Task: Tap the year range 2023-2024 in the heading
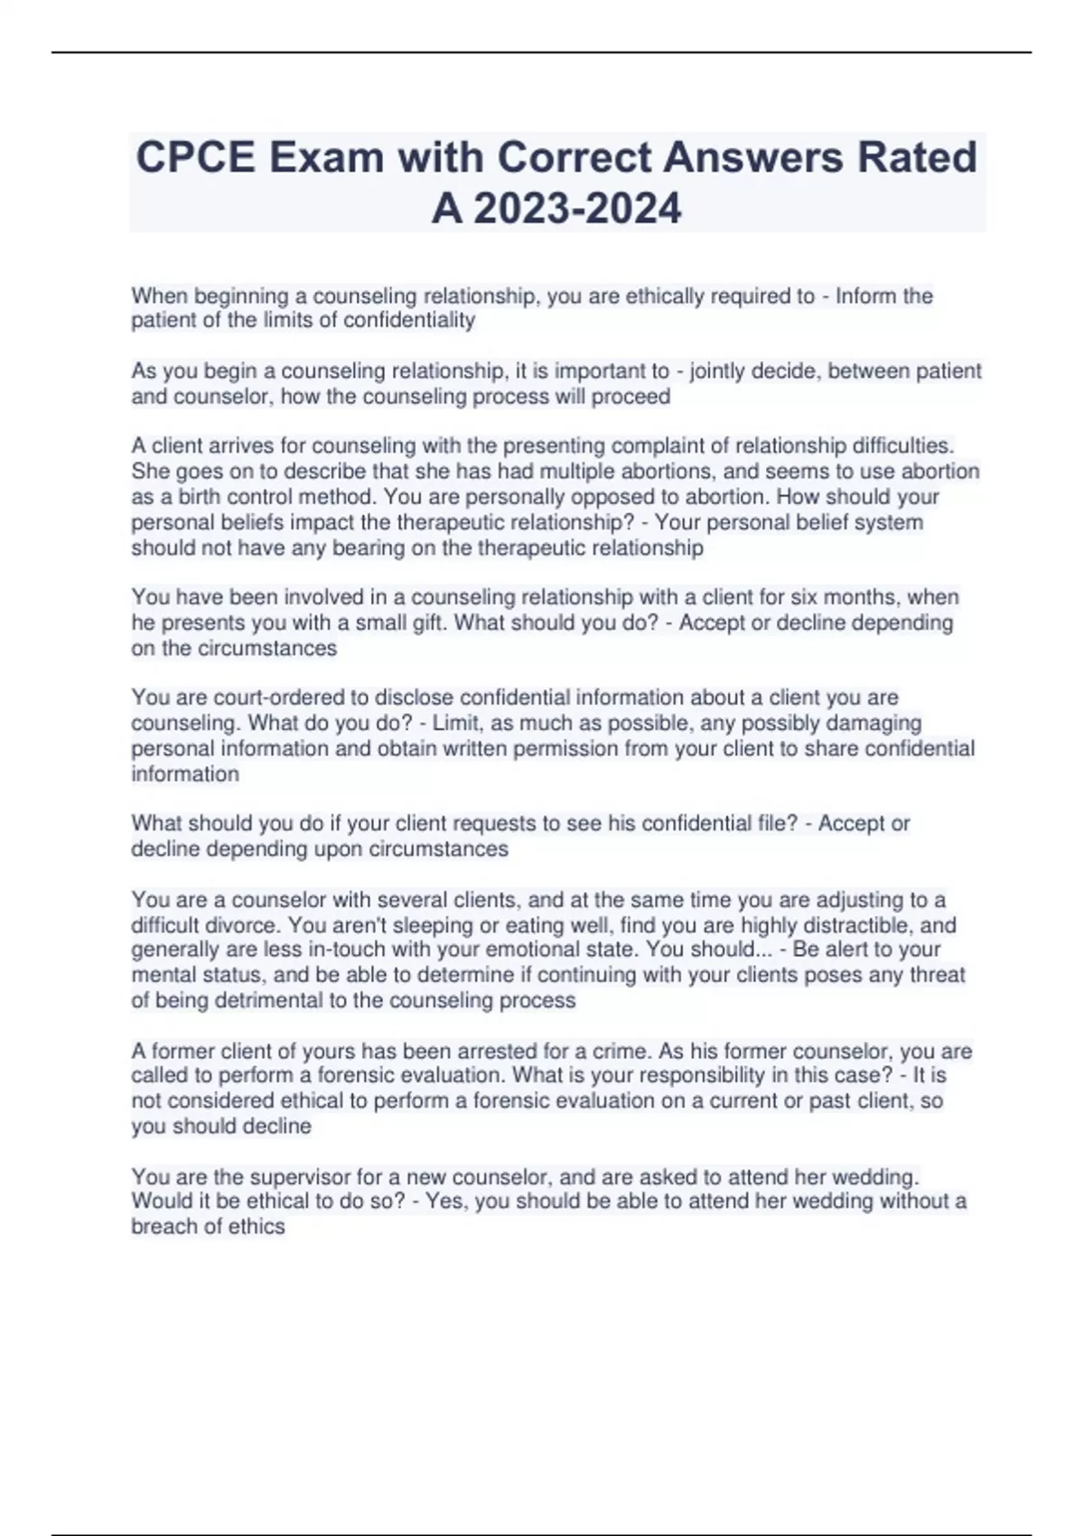(x=577, y=210)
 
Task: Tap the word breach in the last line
(x=162, y=1227)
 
